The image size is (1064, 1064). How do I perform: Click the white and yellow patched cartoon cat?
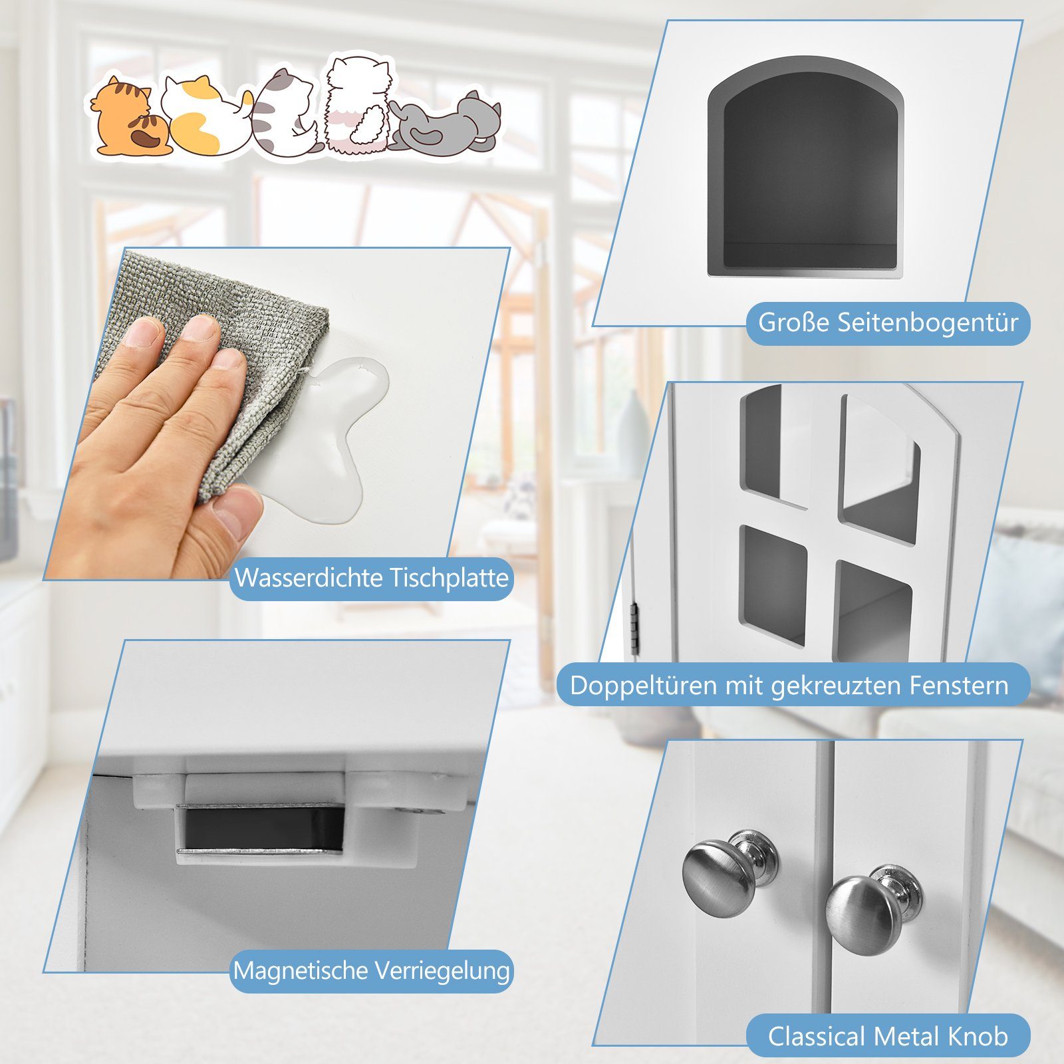[x=199, y=116]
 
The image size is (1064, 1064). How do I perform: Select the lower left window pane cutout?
[x=773, y=585]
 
